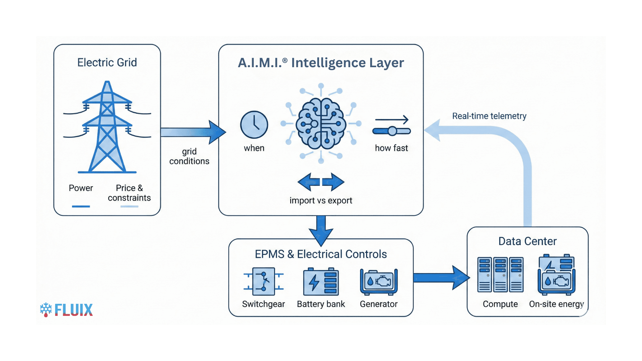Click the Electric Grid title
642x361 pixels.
coord(107,63)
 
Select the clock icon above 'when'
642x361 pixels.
coord(254,125)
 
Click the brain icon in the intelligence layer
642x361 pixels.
coord(321,124)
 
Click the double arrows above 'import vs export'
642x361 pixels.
coord(321,182)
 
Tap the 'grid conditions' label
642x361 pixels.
coord(189,156)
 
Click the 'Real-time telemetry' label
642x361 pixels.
coord(489,116)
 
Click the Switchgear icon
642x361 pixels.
coord(263,281)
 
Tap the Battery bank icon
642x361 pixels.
coord(321,282)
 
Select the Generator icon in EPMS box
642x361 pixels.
coord(379,282)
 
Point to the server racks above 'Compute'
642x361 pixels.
coord(500,275)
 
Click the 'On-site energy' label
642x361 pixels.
coord(556,304)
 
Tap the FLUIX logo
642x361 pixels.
coord(66,310)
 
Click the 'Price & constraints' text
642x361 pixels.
coord(129,193)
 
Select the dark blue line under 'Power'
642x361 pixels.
coord(81,207)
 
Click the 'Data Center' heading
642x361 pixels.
coord(527,241)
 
